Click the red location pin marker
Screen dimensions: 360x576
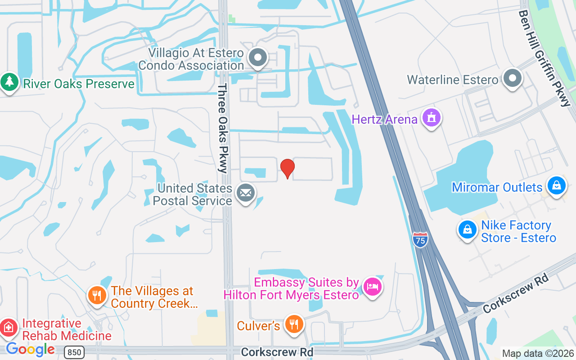point(288,168)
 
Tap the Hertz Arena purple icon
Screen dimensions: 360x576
point(432,118)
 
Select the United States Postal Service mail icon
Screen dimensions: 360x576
point(245,193)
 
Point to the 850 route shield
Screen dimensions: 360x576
point(73,352)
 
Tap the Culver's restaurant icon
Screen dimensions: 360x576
point(294,324)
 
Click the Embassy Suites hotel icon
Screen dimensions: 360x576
point(373,286)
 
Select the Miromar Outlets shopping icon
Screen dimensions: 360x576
point(556,185)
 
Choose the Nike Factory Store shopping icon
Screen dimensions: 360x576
point(468,230)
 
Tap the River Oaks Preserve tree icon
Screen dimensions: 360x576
point(9,82)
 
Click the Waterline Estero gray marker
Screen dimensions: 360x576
point(512,78)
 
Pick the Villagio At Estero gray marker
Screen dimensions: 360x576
point(258,58)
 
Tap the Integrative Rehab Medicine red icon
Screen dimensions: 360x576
point(8,328)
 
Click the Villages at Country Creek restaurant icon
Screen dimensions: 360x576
point(97,296)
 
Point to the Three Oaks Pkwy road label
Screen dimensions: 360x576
point(223,128)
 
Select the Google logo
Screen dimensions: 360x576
point(30,349)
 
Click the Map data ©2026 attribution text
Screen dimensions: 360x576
point(538,353)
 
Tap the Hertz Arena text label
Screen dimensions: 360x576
point(385,119)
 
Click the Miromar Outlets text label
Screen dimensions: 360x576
point(497,187)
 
